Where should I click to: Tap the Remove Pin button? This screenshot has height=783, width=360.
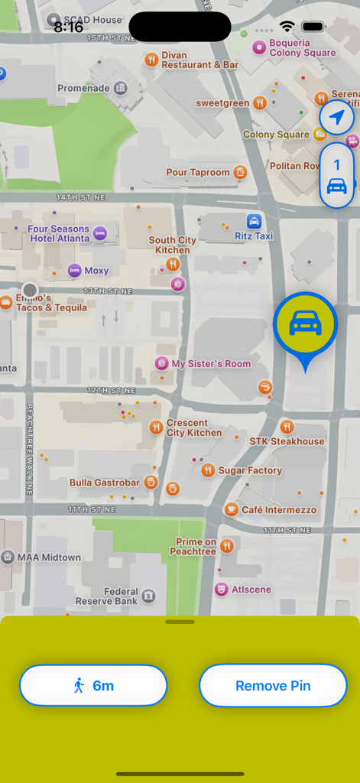pyautogui.click(x=273, y=686)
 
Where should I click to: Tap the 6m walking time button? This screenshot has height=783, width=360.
pyautogui.click(x=92, y=686)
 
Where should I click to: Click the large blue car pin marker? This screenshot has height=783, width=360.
pyautogui.click(x=305, y=324)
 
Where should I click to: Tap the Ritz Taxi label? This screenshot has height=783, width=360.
pyautogui.click(x=254, y=236)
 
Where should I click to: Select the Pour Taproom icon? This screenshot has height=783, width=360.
pyautogui.click(x=240, y=172)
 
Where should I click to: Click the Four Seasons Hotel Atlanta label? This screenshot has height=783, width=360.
pyautogui.click(x=59, y=233)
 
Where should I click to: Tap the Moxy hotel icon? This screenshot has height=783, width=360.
pyautogui.click(x=74, y=270)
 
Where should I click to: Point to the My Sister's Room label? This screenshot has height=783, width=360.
pyautogui.click(x=211, y=364)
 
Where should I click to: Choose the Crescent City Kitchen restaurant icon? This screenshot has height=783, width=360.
pyautogui.click(x=156, y=427)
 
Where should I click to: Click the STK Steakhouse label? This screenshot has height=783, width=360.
pyautogui.click(x=287, y=441)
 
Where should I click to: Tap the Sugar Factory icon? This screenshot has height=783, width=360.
pyautogui.click(x=207, y=470)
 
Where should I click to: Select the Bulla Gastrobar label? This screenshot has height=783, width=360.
pyautogui.click(x=105, y=482)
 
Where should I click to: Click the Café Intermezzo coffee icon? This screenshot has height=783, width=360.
pyautogui.click(x=231, y=509)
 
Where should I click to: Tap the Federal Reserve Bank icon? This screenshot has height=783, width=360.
pyautogui.click(x=148, y=595)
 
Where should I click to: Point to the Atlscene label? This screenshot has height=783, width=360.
pyautogui.click(x=251, y=590)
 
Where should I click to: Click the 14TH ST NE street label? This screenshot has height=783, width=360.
pyautogui.click(x=79, y=197)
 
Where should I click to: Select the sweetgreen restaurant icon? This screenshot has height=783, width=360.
pyautogui.click(x=260, y=102)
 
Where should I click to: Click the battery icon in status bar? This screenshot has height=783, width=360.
pyautogui.click(x=313, y=27)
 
